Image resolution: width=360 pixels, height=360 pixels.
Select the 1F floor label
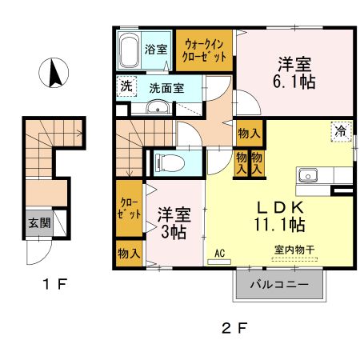44,282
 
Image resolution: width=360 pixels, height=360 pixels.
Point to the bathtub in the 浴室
130,53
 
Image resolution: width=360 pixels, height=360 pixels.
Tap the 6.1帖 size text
294,82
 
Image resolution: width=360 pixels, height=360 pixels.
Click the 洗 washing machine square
126,87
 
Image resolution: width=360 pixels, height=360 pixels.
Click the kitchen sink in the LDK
309,175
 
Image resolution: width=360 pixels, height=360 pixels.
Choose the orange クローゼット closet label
129,210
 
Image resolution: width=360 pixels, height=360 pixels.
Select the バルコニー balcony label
280,285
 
